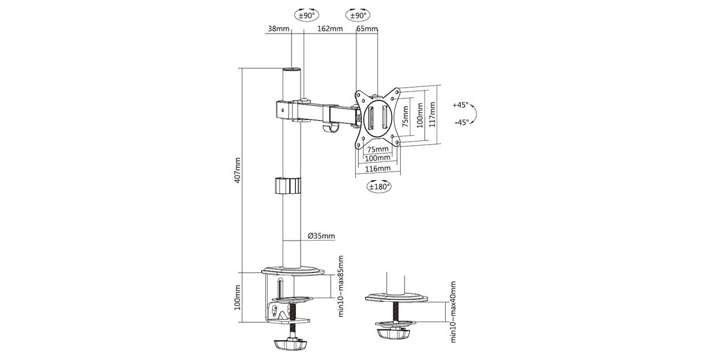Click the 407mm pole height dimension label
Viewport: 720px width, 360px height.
click(238, 170)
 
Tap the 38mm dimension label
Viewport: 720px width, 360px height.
click(278, 29)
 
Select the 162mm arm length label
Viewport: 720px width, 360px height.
click(330, 29)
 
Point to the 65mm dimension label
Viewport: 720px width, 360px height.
click(367, 29)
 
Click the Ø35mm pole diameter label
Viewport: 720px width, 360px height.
click(321, 236)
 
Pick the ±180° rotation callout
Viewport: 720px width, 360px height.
click(379, 187)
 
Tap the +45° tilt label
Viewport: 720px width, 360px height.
click(461, 105)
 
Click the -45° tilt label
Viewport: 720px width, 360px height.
click(462, 122)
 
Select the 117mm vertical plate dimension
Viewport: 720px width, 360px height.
click(433, 115)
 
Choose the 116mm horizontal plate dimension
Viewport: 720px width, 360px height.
click(378, 169)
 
